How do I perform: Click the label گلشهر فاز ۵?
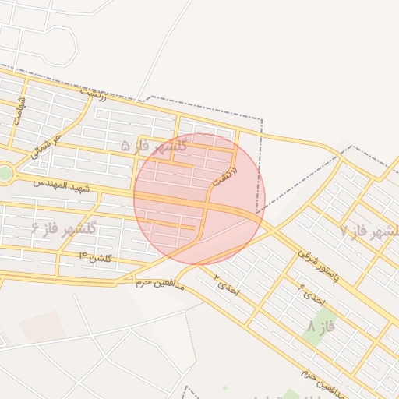[154, 146]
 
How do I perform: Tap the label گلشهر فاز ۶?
[64, 228]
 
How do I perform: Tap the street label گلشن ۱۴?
[95, 256]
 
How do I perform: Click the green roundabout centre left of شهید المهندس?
[5, 173]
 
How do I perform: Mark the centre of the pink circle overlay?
[199, 199]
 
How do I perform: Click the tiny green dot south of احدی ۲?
[225, 387]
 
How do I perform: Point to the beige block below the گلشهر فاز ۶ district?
[42, 327]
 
